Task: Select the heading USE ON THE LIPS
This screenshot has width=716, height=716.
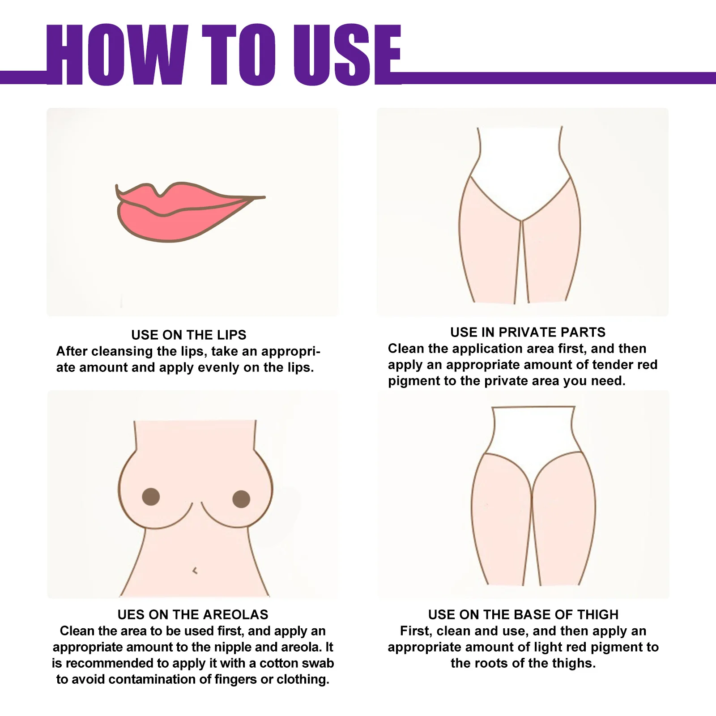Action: coord(188,335)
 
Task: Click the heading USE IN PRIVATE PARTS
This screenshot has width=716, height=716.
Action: coord(528,332)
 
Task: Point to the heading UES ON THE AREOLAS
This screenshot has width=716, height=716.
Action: coord(193,614)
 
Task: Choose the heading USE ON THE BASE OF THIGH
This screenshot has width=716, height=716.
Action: coord(523,614)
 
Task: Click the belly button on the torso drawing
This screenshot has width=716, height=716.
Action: coord(195,571)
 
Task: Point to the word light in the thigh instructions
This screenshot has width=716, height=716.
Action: coord(565,647)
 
